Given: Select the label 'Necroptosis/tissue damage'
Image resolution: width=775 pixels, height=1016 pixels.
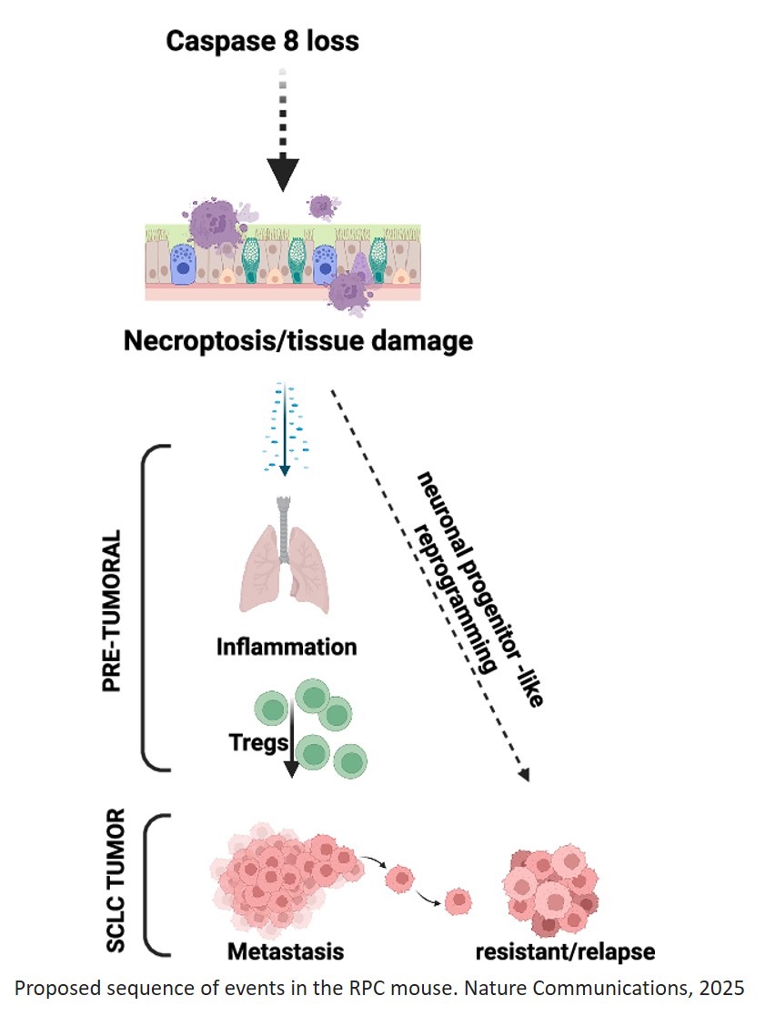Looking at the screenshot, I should [298, 341].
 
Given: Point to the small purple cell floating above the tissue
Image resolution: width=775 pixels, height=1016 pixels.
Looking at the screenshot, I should [322, 206].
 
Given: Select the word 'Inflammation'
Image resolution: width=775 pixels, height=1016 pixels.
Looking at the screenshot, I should [287, 648].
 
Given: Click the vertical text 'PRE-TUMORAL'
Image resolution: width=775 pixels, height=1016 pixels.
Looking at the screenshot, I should [113, 608].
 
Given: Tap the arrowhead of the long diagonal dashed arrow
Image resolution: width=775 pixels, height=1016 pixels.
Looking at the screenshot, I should [522, 774].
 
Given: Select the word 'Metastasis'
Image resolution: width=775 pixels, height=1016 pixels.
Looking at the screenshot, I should [287, 952].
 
